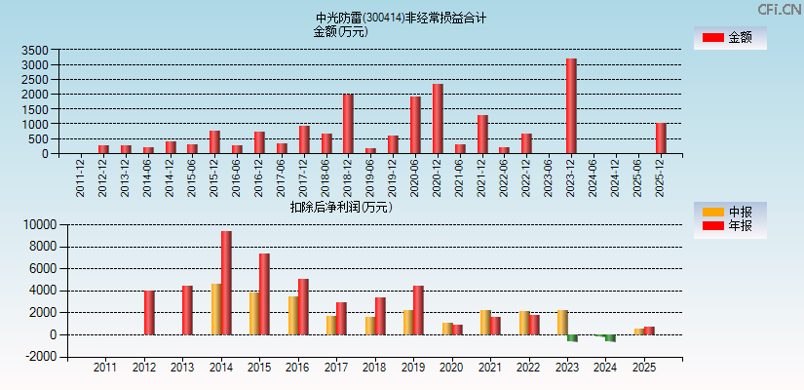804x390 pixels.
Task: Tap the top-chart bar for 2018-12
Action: [x=348, y=124]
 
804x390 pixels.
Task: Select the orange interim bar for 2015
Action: [x=253, y=313]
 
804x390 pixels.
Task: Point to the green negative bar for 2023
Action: [x=572, y=337]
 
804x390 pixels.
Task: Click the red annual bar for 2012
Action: [x=149, y=312]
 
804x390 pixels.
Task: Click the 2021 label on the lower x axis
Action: [x=490, y=368]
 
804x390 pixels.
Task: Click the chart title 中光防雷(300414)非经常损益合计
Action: [x=402, y=18]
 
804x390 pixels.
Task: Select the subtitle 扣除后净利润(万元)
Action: [x=340, y=207]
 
